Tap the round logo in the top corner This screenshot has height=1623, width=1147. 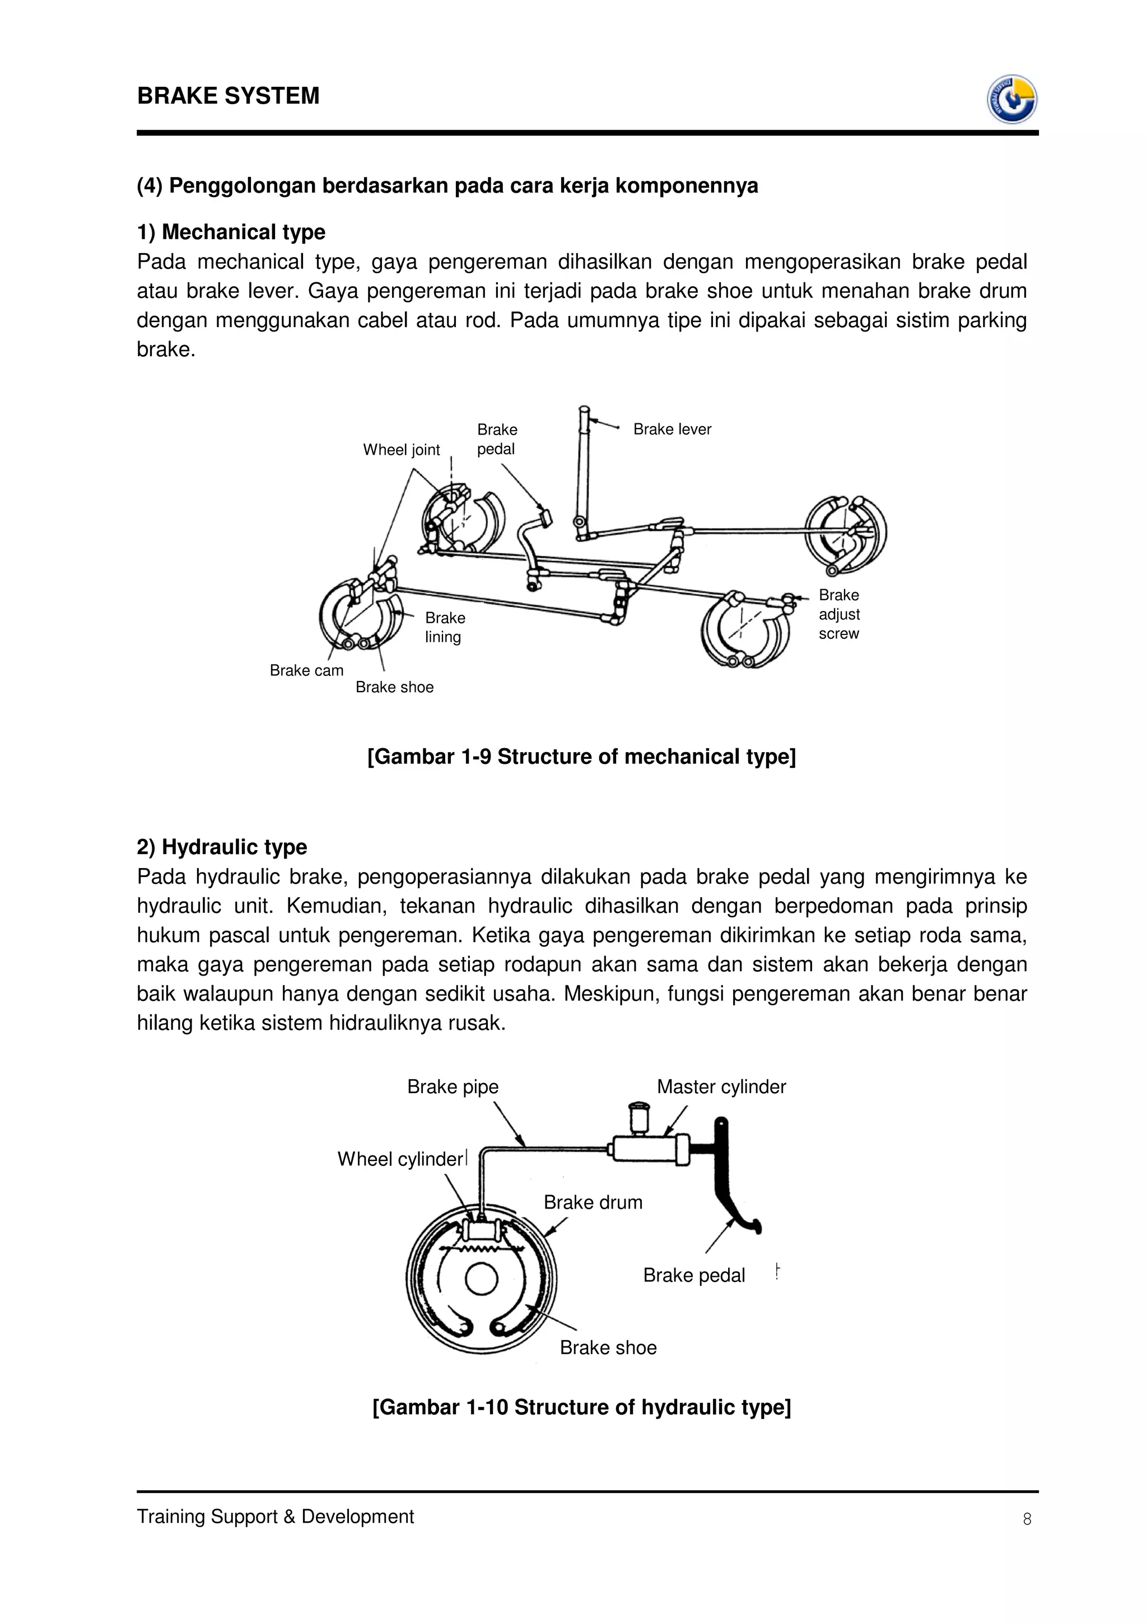[1011, 99]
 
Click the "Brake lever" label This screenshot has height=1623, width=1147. [672, 429]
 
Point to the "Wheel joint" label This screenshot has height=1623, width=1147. [400, 450]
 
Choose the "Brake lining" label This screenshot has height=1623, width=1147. [445, 627]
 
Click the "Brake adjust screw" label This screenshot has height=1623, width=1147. [839, 614]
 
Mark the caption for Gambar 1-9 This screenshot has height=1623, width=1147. [581, 757]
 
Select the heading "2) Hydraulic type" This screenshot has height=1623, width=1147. [221, 846]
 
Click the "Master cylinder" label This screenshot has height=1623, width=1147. [721, 1086]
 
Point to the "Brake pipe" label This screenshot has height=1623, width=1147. [453, 1086]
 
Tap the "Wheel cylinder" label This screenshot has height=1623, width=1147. [399, 1159]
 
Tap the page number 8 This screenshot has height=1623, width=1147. [1027, 1518]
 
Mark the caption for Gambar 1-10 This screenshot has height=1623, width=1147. [581, 1407]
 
